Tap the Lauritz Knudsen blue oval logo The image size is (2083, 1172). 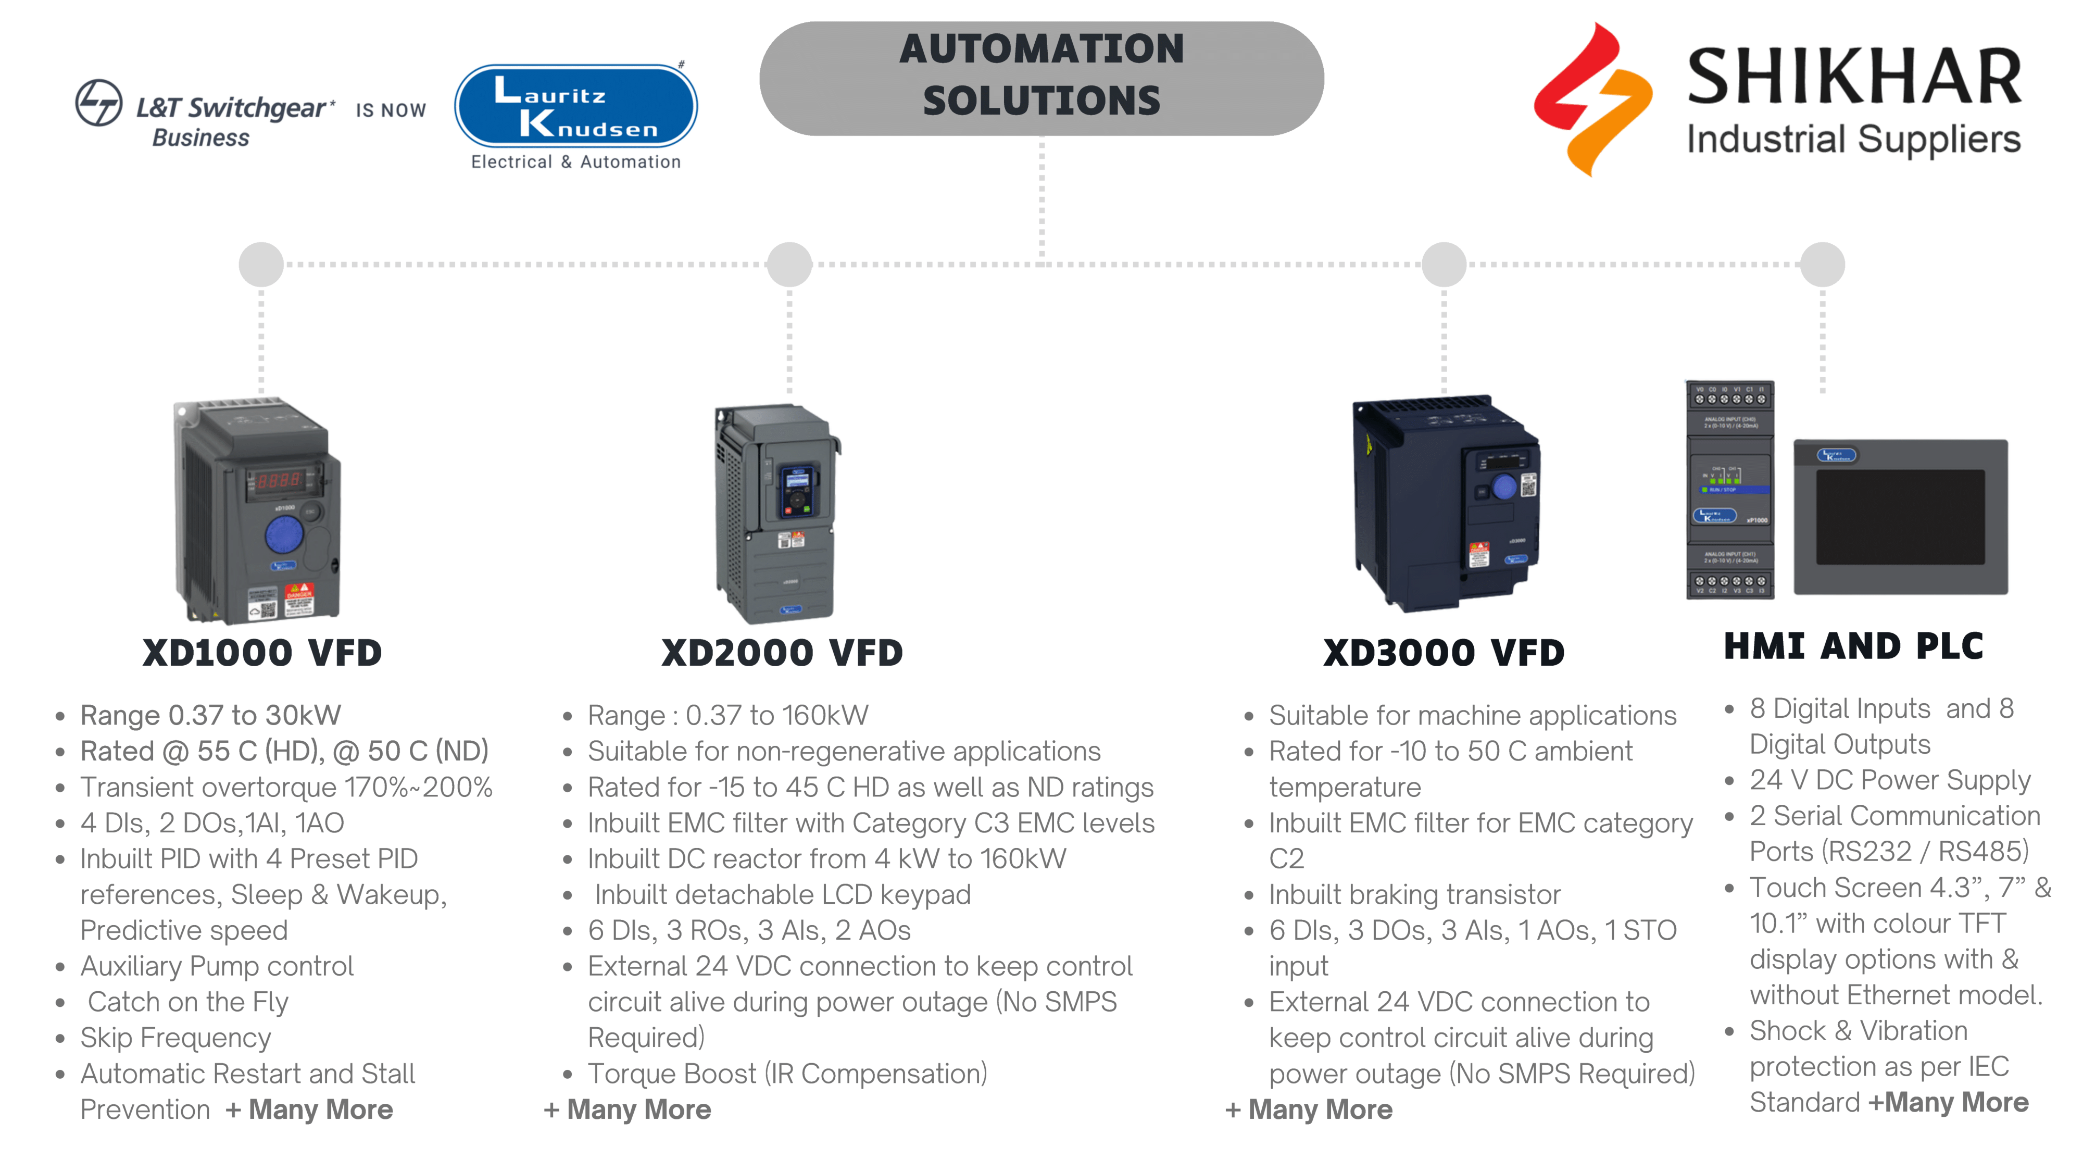[x=576, y=107]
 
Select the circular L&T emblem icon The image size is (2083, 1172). [x=98, y=103]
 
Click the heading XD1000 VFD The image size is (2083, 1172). [x=262, y=653]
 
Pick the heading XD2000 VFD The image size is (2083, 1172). [x=782, y=653]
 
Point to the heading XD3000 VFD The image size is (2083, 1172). [x=1444, y=653]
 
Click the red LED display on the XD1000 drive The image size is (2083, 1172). [x=280, y=480]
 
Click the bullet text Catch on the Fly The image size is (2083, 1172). [x=187, y=1002]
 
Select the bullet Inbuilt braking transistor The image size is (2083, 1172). [x=1414, y=894]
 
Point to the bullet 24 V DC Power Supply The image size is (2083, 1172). [x=1890, y=780]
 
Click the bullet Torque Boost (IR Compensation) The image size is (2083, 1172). [x=787, y=1074]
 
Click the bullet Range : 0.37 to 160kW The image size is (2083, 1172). [x=728, y=715]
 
